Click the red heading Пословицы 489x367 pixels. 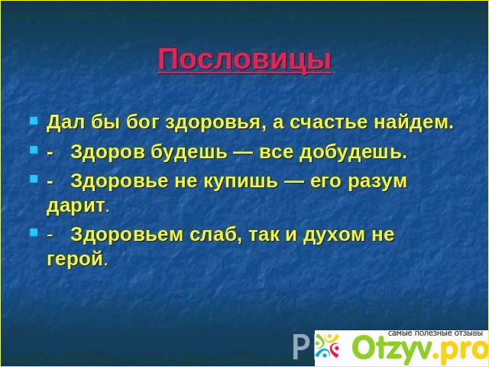(x=244, y=60)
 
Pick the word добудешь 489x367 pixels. (x=353, y=153)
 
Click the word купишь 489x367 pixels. (x=241, y=182)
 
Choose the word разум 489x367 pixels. (x=378, y=182)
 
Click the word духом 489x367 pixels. (x=334, y=235)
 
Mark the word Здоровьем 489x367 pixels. (x=127, y=235)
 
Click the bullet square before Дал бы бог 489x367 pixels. (x=34, y=121)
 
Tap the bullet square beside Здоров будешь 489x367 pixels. (x=34, y=151)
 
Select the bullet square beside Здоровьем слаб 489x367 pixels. (x=34, y=232)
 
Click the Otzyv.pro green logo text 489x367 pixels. (x=420, y=349)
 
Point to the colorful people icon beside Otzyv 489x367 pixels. (x=327, y=346)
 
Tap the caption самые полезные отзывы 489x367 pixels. (x=435, y=333)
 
